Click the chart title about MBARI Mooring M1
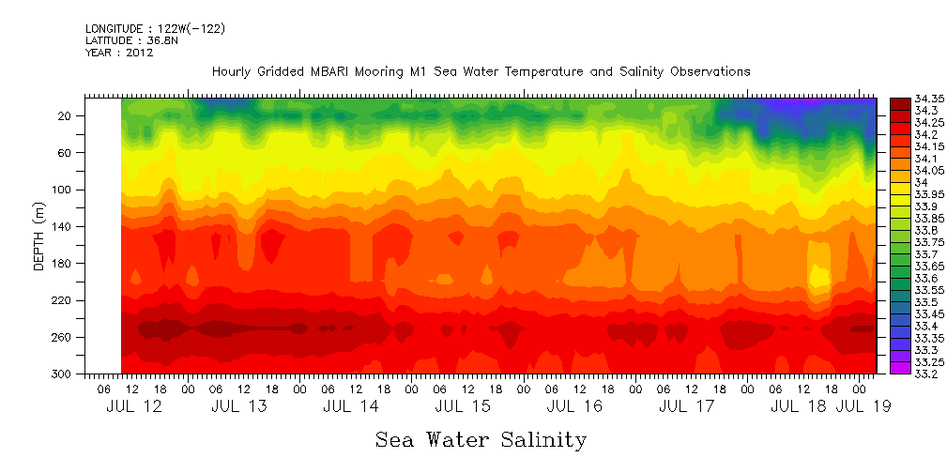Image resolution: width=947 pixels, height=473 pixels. click(x=481, y=72)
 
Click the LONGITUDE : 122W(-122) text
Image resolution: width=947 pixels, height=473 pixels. click(x=155, y=29)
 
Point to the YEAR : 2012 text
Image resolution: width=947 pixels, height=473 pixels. click(x=118, y=53)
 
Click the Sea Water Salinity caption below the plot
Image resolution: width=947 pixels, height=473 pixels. click(x=481, y=440)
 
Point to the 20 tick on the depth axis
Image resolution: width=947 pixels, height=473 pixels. click(x=65, y=116)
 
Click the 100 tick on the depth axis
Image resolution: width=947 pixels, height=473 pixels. click(x=62, y=190)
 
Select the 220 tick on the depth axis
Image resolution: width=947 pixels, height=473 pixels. click(x=62, y=300)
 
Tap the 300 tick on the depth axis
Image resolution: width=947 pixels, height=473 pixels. click(x=62, y=374)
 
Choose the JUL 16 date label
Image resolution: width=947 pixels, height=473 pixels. click(x=573, y=406)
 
